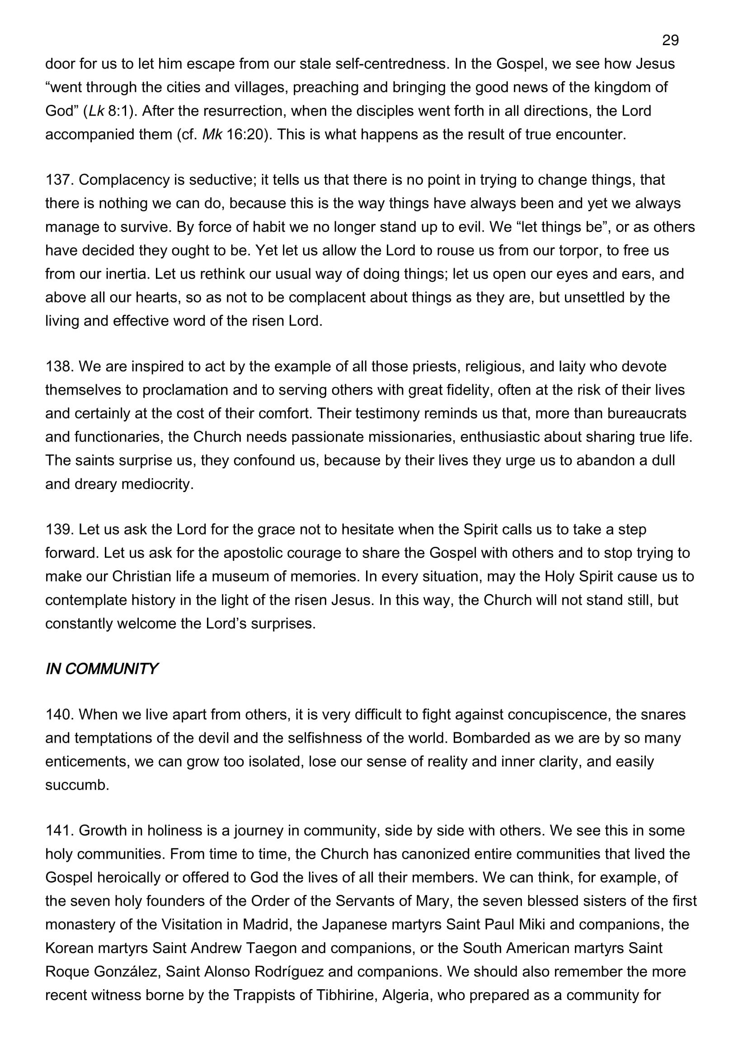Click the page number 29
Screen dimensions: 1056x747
tap(670, 41)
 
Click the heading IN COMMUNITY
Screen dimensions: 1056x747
tap(101, 669)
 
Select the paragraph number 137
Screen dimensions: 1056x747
tap(59, 180)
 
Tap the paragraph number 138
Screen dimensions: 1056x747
tap(59, 367)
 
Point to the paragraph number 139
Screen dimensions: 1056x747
tap(59, 530)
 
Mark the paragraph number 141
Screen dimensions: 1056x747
tap(59, 830)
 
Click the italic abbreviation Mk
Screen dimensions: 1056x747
tap(212, 134)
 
